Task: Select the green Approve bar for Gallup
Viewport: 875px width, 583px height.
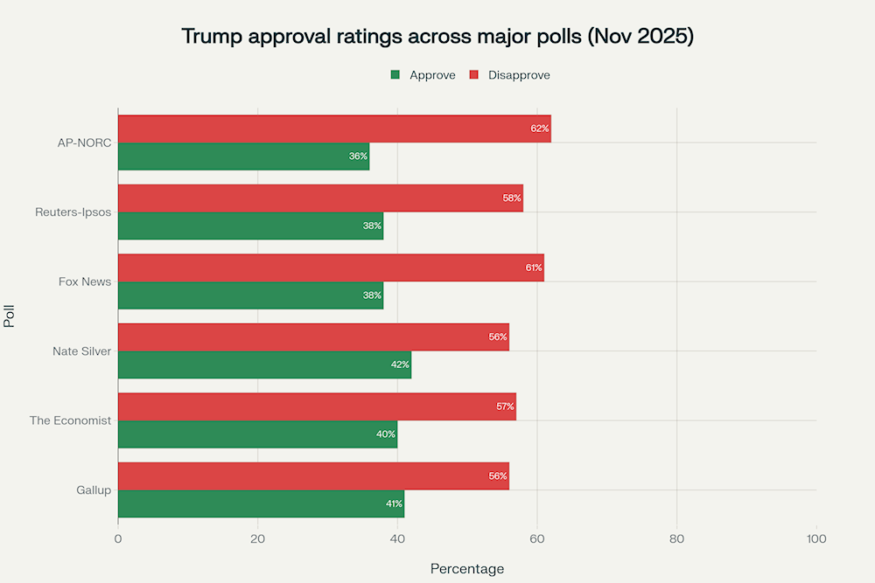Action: [261, 504]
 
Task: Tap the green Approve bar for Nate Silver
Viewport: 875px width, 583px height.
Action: [264, 364]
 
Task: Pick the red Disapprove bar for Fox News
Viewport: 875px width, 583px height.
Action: [331, 267]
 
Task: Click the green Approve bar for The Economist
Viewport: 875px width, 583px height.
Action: [257, 434]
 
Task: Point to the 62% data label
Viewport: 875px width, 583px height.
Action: [540, 128]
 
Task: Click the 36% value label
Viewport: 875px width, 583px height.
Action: [358, 156]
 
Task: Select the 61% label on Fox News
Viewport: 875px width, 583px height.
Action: [534, 267]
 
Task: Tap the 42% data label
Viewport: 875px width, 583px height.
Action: [400, 364]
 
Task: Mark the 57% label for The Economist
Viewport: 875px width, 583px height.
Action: [505, 406]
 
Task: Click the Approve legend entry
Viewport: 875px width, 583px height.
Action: [423, 75]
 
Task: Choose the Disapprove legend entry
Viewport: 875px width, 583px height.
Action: [510, 75]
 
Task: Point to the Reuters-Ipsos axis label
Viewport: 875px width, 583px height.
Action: [73, 212]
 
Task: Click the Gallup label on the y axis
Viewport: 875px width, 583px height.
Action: [94, 490]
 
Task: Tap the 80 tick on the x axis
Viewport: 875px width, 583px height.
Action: [676, 538]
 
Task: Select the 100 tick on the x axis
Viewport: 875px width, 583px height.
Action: [815, 538]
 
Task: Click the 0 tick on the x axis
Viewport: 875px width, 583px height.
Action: [118, 538]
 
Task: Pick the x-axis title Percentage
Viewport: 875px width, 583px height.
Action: [467, 569]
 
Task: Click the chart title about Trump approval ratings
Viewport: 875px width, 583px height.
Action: [437, 37]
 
